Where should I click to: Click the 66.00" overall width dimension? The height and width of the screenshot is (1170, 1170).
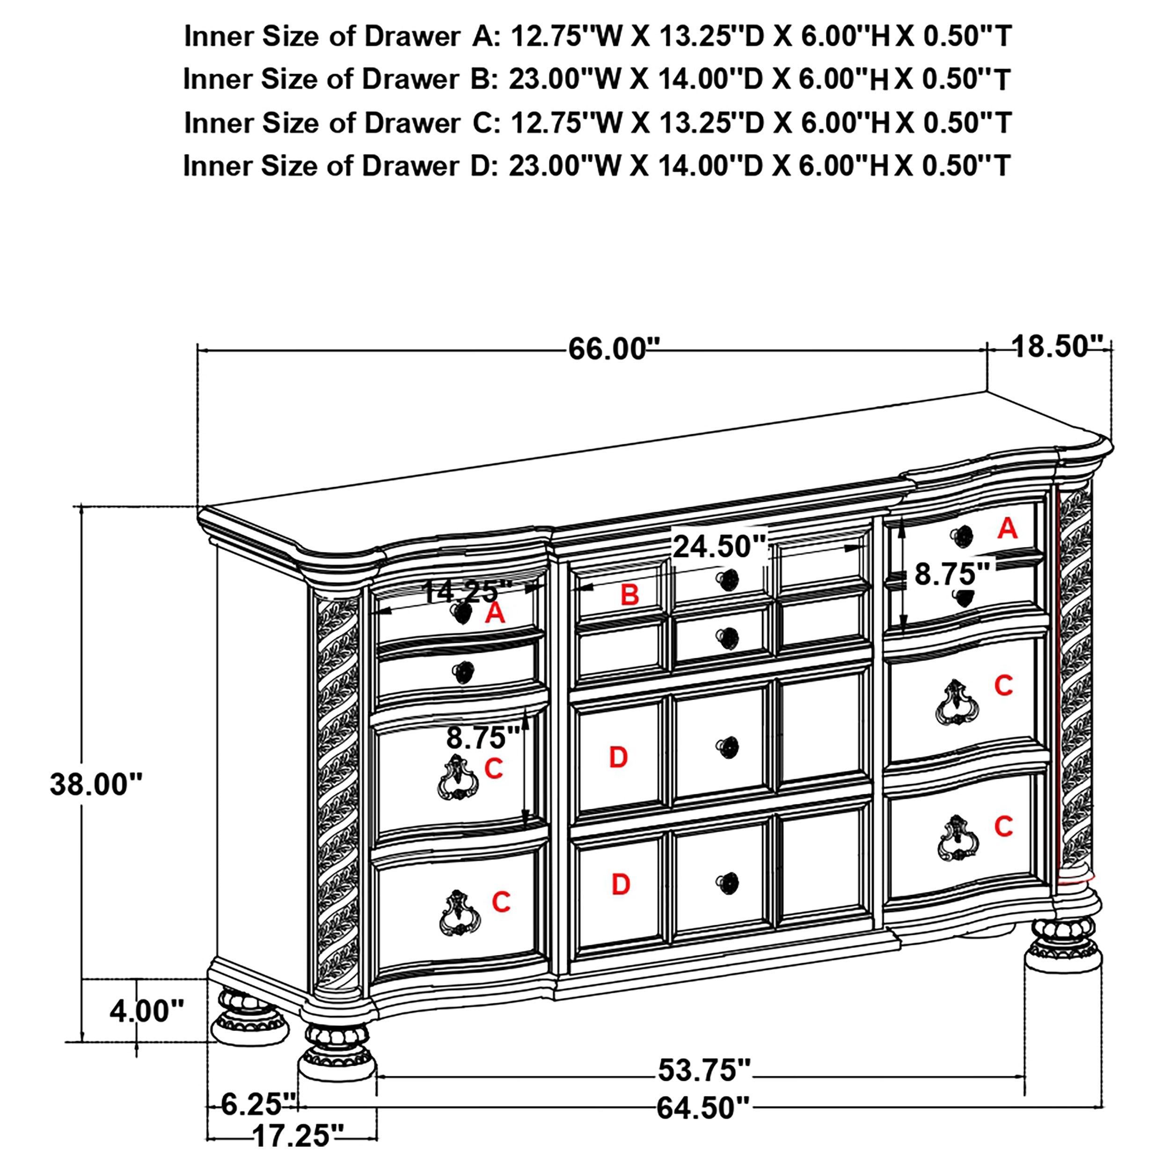[614, 350]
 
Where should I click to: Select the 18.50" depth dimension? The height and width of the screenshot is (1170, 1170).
[1056, 346]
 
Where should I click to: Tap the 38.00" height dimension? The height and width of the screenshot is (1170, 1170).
[95, 784]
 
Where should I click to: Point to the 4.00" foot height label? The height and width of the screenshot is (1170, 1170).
[146, 1011]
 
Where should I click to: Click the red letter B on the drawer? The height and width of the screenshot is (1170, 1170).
[629, 595]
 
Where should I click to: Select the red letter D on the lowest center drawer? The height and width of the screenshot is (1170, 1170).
[621, 885]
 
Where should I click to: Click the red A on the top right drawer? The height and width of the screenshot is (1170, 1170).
[1007, 529]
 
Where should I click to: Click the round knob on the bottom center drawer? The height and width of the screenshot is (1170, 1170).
[727, 884]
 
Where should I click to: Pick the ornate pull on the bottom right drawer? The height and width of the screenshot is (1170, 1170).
[958, 839]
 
